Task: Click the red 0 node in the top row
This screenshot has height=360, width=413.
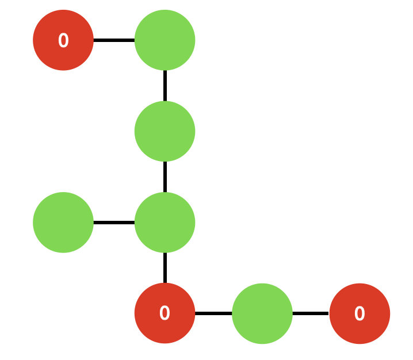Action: pos(63,40)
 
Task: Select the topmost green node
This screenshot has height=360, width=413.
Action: pos(165,40)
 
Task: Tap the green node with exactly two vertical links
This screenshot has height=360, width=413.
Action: pos(165,131)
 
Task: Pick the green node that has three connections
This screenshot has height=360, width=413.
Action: pos(165,222)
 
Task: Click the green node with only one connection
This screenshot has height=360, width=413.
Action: pos(63,222)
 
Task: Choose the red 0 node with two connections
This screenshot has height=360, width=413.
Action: pos(165,313)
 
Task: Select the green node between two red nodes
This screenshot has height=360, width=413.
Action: pos(262,313)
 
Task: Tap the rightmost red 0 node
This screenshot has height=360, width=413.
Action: pos(360,313)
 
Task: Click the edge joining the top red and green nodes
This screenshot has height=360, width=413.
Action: pos(114,40)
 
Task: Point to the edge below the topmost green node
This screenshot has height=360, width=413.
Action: pos(165,86)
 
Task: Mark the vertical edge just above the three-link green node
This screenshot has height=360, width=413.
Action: pos(165,177)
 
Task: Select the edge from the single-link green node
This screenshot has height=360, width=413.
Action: pos(114,222)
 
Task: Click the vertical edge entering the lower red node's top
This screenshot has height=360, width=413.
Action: pos(165,268)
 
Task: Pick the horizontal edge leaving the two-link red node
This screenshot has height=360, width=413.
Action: pos(213,313)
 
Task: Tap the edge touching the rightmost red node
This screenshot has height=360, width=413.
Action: pos(311,313)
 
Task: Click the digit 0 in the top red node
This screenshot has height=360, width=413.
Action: pos(63,41)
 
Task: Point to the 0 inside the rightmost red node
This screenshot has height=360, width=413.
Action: pos(360,314)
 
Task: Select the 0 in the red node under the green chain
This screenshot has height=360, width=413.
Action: pos(165,314)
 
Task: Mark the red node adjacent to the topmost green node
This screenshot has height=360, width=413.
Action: pos(63,40)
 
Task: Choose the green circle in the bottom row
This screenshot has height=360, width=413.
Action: pos(262,313)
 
